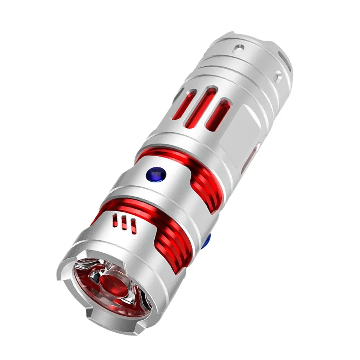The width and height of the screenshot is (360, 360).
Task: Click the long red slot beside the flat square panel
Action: [x=223, y=116]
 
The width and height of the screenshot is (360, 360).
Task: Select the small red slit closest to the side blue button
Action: [x=133, y=225]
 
